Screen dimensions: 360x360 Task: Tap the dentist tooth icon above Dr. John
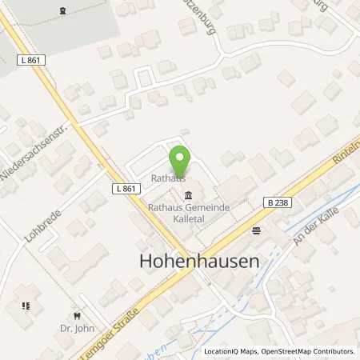tap(78, 314)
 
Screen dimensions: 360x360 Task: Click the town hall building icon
tap(188, 197)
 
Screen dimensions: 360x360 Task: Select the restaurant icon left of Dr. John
tap(26, 306)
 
